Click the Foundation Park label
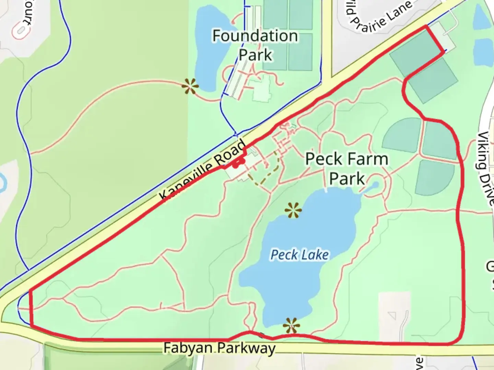tap(255, 45)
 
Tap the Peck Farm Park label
tap(347, 169)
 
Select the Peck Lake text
tap(299, 255)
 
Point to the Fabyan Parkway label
tap(219, 348)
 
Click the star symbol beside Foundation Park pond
tap(190, 86)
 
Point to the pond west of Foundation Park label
tap(209, 48)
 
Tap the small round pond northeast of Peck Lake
tap(374, 185)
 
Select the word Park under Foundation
tap(255, 55)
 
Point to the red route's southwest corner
tap(31, 325)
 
